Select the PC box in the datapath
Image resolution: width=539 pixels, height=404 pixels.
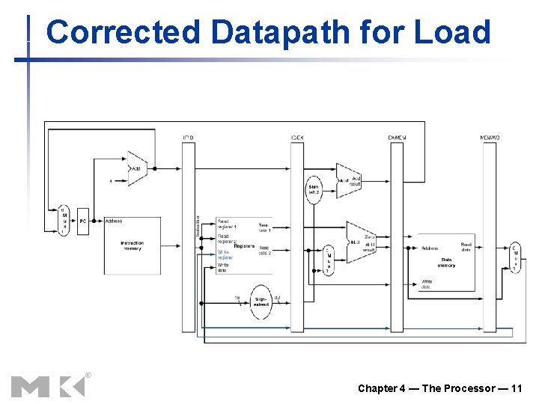83,221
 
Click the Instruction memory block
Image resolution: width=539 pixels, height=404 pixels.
132,245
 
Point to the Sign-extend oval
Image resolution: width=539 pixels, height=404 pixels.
261,302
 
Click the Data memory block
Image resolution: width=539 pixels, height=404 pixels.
446,262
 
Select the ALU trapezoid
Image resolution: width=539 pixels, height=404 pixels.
360,242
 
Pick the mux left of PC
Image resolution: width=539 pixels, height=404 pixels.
64,220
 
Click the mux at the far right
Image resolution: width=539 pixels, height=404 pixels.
514,257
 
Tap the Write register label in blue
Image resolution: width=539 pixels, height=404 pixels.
225,254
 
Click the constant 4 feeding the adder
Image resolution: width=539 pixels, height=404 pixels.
111,180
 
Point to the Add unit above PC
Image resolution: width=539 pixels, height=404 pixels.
136,169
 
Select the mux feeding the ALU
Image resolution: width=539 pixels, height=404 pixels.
328,260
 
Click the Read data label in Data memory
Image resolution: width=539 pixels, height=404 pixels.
466,246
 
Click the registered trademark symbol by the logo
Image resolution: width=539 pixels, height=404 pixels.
88,375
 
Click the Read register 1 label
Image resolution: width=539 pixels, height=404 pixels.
226,224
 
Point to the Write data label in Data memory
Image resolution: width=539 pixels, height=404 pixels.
426,284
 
